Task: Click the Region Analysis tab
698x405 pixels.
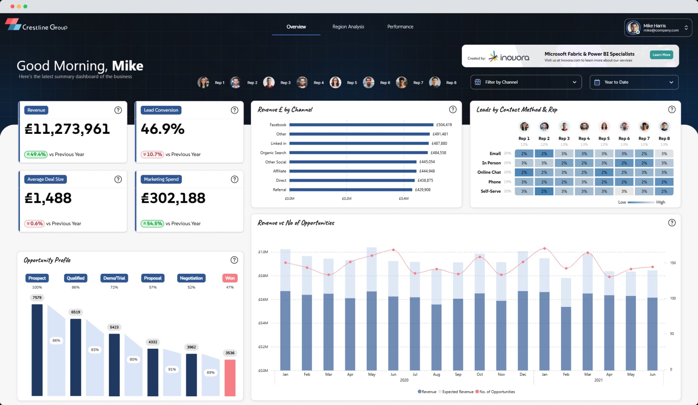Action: pyautogui.click(x=348, y=27)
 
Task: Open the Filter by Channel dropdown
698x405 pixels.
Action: pyautogui.click(x=526, y=82)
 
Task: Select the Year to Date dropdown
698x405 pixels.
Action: pyautogui.click(x=634, y=82)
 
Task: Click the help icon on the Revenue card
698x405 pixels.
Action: pyautogui.click(x=118, y=110)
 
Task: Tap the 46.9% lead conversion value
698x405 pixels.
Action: pyautogui.click(x=163, y=129)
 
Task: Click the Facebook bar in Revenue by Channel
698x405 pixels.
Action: pyautogui.click(x=361, y=125)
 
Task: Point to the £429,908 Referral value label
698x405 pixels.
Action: pyautogui.click(x=422, y=190)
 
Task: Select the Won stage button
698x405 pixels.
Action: pyautogui.click(x=230, y=278)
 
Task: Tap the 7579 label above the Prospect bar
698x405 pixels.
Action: pyautogui.click(x=37, y=298)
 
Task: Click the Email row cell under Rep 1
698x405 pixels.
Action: pyautogui.click(x=524, y=154)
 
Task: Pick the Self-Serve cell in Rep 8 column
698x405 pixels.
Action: pyautogui.click(x=664, y=191)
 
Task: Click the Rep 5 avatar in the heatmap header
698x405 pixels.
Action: pyautogui.click(x=604, y=127)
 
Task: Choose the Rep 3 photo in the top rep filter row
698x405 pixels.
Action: pyautogui.click(x=269, y=83)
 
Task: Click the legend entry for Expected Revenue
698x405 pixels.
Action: pyautogui.click(x=457, y=392)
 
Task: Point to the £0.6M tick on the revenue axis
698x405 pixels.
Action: pyautogui.click(x=263, y=300)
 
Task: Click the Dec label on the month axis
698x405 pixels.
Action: pyautogui.click(x=523, y=374)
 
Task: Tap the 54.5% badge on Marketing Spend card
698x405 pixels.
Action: pyautogui.click(x=152, y=224)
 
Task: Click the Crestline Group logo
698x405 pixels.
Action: pyautogui.click(x=36, y=25)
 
